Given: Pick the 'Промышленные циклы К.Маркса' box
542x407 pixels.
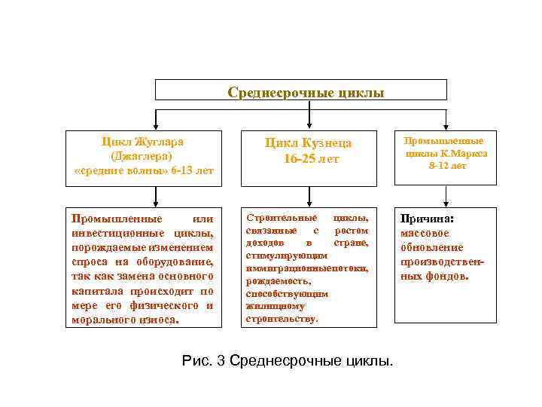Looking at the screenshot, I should (446, 157).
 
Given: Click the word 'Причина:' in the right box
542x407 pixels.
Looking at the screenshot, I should (422, 219).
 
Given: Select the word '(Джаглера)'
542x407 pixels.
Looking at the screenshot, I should (142, 156).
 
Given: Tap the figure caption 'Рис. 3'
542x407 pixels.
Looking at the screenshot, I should (204, 361).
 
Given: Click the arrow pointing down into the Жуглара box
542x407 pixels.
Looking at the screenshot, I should (156, 121).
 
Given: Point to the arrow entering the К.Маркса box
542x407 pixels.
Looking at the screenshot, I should (446, 121).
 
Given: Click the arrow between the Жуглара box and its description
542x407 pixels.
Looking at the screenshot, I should (156, 197).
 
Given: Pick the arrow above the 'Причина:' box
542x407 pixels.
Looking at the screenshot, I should (446, 197).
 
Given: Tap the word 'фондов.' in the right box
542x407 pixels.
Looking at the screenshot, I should (449, 277).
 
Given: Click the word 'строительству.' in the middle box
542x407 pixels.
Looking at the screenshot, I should (282, 320).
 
